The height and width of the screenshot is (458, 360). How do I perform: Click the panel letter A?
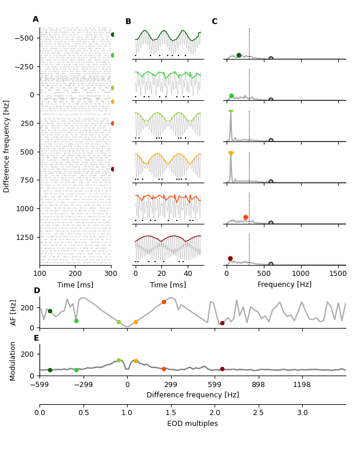point(35,19)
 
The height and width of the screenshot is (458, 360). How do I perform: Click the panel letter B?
point(128,22)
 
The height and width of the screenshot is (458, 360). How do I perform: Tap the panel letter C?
point(215,22)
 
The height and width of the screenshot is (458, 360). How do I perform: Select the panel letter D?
point(37,291)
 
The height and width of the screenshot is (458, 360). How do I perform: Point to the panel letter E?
point(37,338)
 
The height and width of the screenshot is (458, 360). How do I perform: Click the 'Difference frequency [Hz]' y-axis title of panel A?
point(7,146)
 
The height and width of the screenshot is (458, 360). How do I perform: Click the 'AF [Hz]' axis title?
point(14,312)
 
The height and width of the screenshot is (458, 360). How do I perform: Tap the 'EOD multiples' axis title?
point(192,424)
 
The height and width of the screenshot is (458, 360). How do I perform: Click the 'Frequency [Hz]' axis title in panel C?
point(284,285)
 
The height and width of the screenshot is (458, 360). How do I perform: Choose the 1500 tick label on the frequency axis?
point(338,274)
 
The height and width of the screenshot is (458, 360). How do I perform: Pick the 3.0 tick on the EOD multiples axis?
point(302,413)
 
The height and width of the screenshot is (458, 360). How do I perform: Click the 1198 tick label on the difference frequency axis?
point(302,385)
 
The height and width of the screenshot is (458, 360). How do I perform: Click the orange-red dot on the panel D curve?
point(164,302)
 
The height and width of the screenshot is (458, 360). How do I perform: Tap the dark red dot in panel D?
point(222,323)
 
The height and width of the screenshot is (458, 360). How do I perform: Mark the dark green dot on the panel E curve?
point(50,370)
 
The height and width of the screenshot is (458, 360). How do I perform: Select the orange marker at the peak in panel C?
point(231,153)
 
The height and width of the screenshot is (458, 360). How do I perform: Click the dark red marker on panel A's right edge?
point(113,169)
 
